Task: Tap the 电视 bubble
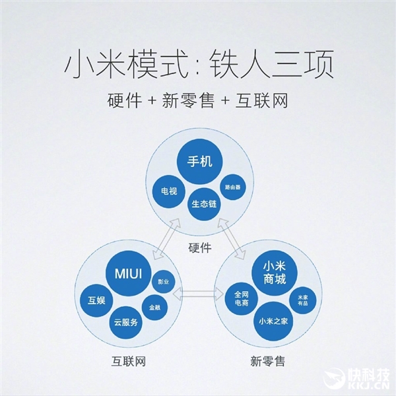pyautogui.click(x=169, y=191)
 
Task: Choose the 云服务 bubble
pyautogui.click(x=125, y=322)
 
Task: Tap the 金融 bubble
pyautogui.click(x=154, y=308)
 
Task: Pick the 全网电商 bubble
pyautogui.click(x=242, y=298)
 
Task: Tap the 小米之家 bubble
pyautogui.click(x=273, y=321)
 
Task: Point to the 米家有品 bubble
pyautogui.click(x=302, y=300)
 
